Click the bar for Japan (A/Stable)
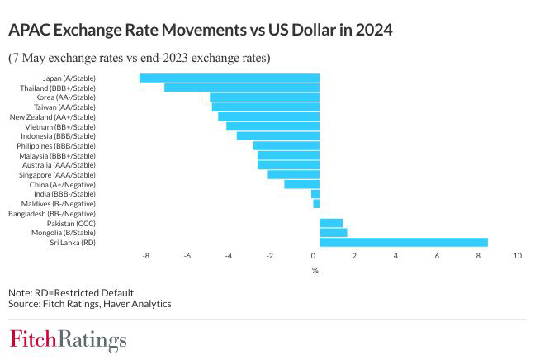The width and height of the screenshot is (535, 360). pyautogui.click(x=229, y=78)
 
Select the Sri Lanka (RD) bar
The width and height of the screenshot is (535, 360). pyautogui.click(x=404, y=242)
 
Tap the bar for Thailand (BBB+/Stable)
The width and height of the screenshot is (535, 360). pyautogui.click(x=241, y=88)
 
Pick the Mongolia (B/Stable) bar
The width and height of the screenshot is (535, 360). pyautogui.click(x=334, y=233)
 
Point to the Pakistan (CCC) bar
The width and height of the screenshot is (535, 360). pyautogui.click(x=331, y=223)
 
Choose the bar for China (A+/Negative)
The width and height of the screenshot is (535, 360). pyautogui.click(x=301, y=184)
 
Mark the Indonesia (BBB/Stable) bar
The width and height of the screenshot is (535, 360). pyautogui.click(x=277, y=136)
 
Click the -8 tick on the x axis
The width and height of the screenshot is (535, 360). pyautogui.click(x=146, y=256)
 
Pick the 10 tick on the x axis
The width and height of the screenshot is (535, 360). pyautogui.click(x=518, y=256)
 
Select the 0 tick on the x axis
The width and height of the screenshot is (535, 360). pyautogui.click(x=313, y=256)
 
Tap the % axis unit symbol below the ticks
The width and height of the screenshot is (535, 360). pyautogui.click(x=315, y=270)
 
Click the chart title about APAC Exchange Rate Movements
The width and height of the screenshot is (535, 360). pyautogui.click(x=200, y=31)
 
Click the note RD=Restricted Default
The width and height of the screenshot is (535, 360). pyautogui.click(x=71, y=293)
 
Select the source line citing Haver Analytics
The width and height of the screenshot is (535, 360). pyautogui.click(x=89, y=304)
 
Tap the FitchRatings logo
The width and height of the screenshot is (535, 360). pyautogui.click(x=68, y=339)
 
